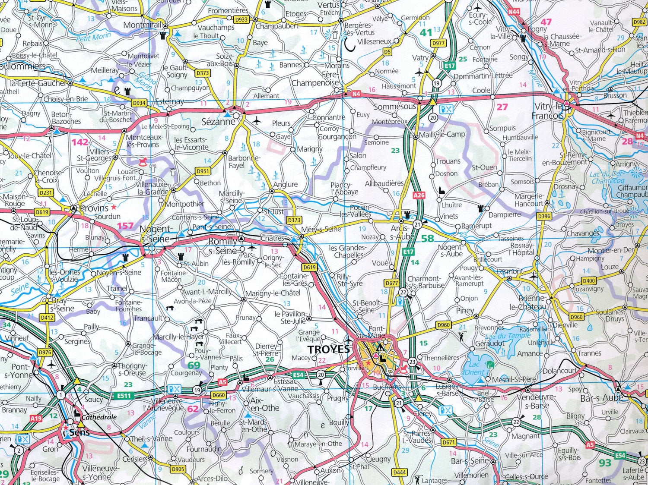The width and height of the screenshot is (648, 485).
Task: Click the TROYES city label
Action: [329, 349]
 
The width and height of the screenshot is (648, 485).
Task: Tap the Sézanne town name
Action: [218, 122]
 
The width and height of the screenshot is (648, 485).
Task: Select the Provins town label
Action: [94, 208]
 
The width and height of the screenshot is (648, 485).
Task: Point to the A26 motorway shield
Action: [419, 195]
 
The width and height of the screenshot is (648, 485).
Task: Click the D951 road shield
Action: [203, 171]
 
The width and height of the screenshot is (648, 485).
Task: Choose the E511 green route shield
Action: [124, 396]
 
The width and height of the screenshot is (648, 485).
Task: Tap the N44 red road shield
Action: [514, 12]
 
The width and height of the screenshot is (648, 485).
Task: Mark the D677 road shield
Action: [391, 283]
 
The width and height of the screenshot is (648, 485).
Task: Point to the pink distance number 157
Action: [125, 226]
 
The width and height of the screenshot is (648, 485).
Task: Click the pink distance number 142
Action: [80, 142]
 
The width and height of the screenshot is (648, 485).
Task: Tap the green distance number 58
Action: [427, 238]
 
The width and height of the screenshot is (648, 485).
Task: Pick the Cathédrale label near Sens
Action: [99, 417]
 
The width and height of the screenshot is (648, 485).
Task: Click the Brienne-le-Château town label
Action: [531, 302]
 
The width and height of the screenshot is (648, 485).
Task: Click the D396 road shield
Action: [544, 216]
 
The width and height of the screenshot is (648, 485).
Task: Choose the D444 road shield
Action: [399, 472]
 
